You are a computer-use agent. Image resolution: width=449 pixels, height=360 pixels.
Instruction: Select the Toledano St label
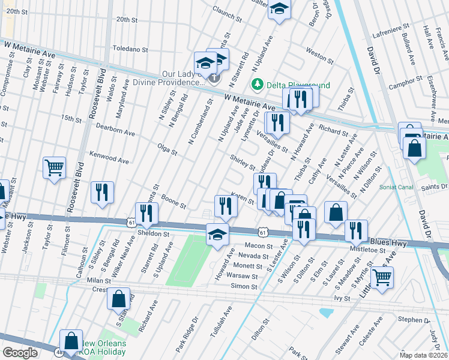[x=130, y=48]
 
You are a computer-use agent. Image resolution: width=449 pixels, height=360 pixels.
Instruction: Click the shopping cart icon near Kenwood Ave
[x=54, y=167]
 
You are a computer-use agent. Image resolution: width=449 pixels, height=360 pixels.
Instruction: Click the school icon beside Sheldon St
[x=217, y=235]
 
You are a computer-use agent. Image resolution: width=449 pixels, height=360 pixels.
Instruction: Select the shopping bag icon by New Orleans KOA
[x=71, y=340]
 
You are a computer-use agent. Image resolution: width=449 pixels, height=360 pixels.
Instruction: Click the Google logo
[x=20, y=353]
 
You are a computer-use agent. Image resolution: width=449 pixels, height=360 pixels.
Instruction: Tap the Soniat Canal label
[x=397, y=187]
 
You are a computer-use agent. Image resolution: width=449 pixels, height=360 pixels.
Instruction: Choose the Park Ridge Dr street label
[x=187, y=338]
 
